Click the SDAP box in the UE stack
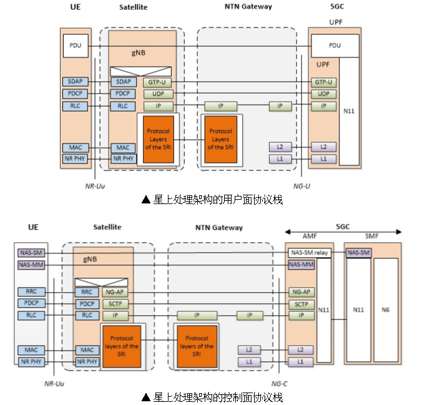click(x=76, y=82)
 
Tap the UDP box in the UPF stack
click(x=323, y=94)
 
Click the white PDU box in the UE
click(x=76, y=46)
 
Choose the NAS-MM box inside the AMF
click(x=301, y=265)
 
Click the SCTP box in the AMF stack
click(x=301, y=304)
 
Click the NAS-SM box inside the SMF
click(x=358, y=253)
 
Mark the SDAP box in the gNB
click(x=122, y=82)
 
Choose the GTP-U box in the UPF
click(x=323, y=82)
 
